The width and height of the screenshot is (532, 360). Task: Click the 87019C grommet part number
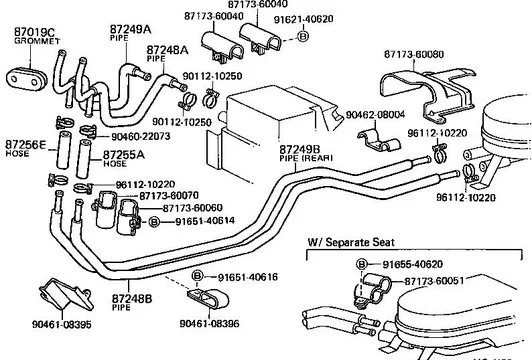coord(34,32)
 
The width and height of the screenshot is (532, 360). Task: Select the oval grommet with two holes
coord(25,80)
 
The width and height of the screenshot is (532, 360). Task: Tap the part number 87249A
coord(130,30)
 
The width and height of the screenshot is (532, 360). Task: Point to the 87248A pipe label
coord(167,50)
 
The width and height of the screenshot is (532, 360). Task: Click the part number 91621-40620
coord(303,19)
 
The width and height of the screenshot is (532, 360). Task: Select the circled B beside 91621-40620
coord(303,36)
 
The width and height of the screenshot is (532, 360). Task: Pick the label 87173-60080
coord(414,54)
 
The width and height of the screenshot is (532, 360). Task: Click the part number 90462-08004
coord(375,115)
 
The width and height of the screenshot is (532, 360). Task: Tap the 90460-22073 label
coord(141,136)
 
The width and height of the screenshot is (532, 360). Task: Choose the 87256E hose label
coord(25,145)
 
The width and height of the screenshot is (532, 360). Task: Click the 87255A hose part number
coord(124,155)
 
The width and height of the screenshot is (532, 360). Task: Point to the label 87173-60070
coord(169,196)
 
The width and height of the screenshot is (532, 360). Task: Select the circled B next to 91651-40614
coord(154,222)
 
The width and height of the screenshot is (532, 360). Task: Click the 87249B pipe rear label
coord(300,150)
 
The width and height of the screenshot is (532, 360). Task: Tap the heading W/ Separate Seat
coord(351,242)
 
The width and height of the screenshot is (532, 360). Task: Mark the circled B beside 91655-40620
coord(362,264)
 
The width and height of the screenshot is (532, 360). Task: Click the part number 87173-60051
coord(434,281)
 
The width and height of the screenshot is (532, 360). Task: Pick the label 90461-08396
coord(209,323)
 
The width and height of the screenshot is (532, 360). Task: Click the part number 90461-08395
coord(62,324)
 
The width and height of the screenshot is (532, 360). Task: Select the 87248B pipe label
coord(132,299)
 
